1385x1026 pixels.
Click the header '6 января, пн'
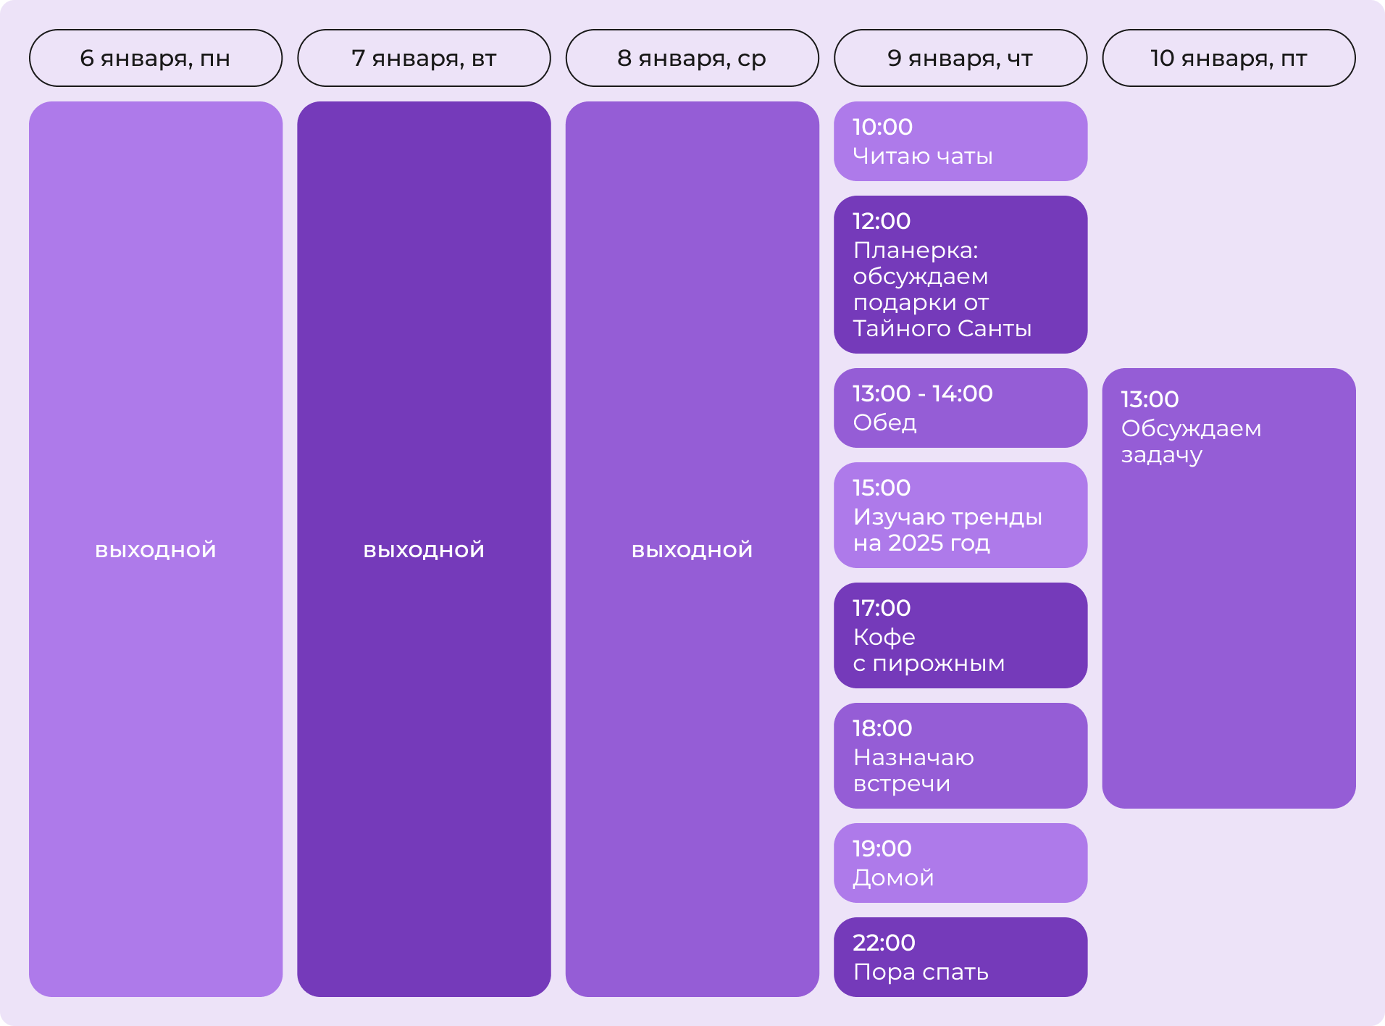click(x=155, y=58)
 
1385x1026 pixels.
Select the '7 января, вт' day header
click(x=424, y=58)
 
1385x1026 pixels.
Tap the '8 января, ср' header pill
click(x=692, y=58)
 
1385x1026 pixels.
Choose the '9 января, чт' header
click(x=960, y=58)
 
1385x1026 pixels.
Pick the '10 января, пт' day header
click(x=1229, y=58)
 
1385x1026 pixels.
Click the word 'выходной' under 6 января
click(x=156, y=550)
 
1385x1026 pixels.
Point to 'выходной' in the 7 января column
click(x=424, y=550)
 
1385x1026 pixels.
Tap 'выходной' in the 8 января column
click(x=692, y=550)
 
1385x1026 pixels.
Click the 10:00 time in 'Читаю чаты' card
click(x=882, y=127)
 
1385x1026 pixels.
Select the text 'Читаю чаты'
click(x=922, y=156)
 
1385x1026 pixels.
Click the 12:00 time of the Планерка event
click(x=882, y=221)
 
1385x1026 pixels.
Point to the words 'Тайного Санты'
click(x=942, y=328)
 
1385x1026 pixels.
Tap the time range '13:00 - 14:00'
click(x=922, y=393)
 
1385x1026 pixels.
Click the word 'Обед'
click(x=884, y=422)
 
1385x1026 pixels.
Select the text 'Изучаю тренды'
click(x=947, y=517)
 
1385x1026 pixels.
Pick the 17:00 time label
click(x=882, y=608)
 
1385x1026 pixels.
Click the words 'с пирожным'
click(x=929, y=663)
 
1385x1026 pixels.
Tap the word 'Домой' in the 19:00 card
click(x=893, y=877)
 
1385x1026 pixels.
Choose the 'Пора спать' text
click(x=921, y=972)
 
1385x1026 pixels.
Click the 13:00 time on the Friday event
click(x=1150, y=399)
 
